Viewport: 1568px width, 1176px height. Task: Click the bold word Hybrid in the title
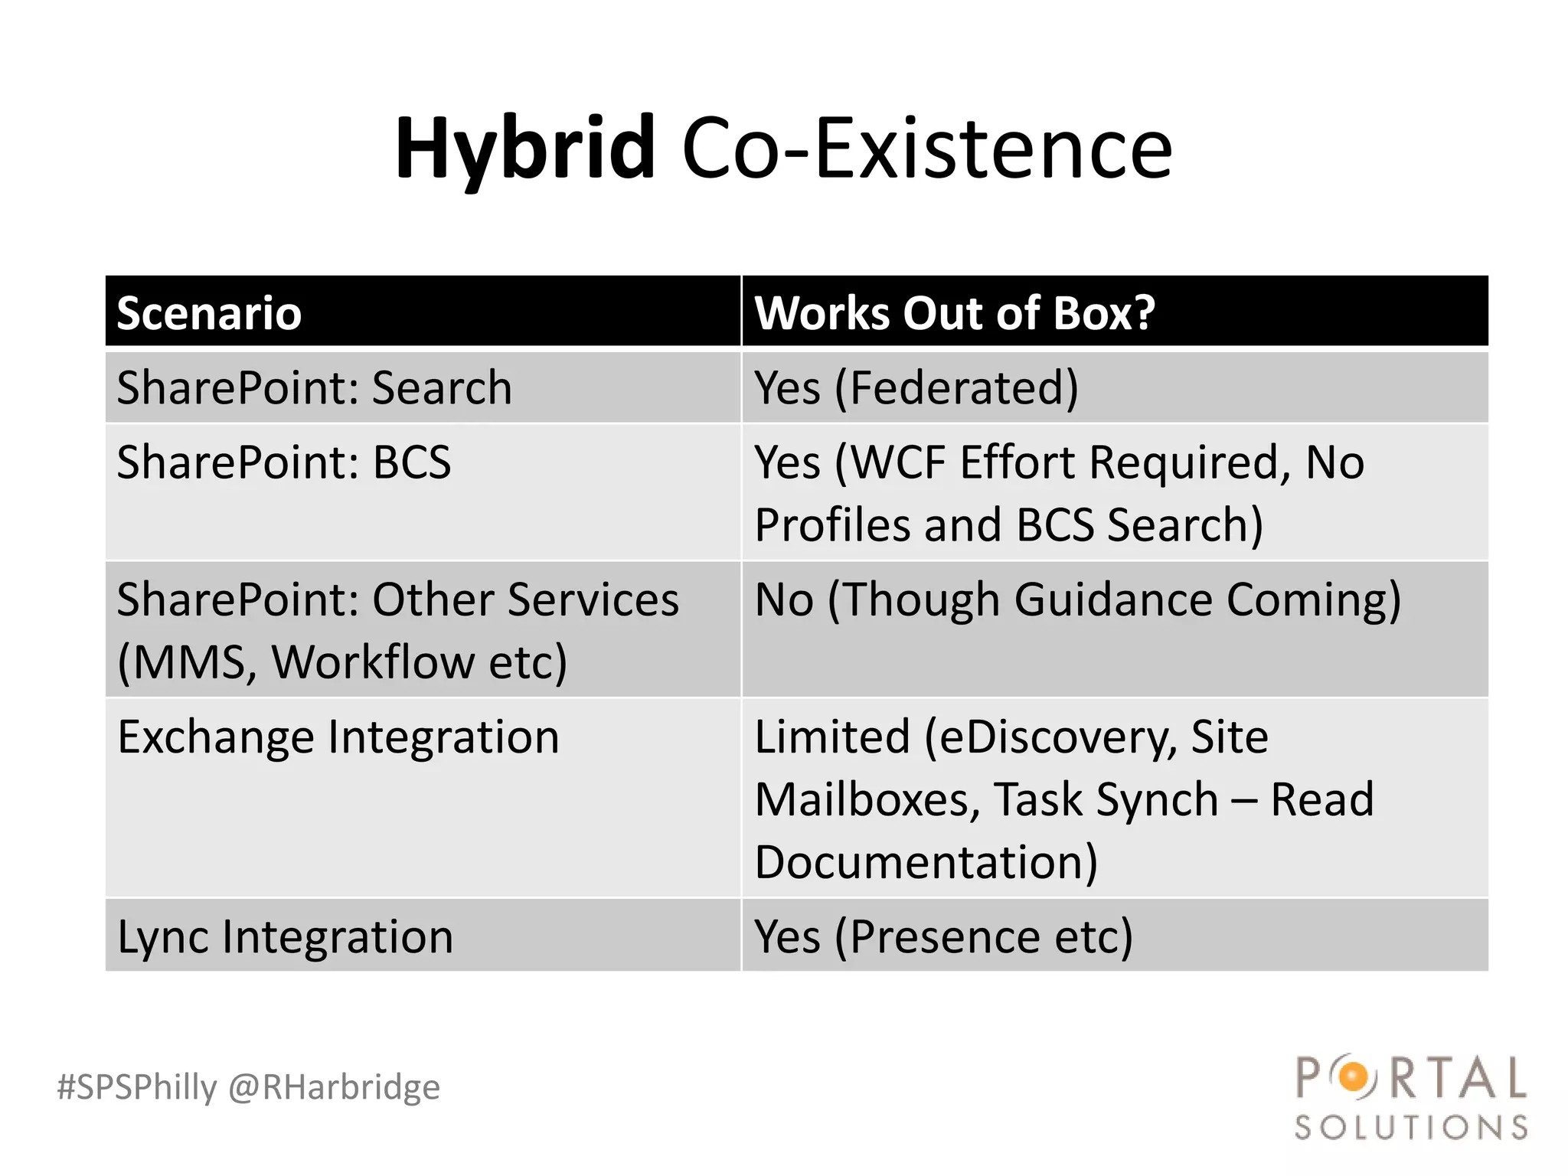pos(525,149)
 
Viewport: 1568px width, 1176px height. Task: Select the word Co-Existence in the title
pos(926,149)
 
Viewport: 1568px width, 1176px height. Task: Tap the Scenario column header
pos(209,313)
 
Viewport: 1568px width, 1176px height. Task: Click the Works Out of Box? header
pos(955,313)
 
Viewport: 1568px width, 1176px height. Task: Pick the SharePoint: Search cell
pos(314,387)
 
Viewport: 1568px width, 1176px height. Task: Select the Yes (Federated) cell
pos(916,387)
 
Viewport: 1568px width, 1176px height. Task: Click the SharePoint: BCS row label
pos(284,462)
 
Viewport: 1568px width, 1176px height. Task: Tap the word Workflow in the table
pos(374,661)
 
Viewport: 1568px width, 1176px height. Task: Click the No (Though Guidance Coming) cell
pos(1077,599)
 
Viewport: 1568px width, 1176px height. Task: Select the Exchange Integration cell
pos(338,737)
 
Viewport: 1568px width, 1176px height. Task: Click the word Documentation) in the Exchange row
pos(926,862)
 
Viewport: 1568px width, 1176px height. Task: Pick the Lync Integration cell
pos(285,936)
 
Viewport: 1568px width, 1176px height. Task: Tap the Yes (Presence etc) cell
pos(943,936)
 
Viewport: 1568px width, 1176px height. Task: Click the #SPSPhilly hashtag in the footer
pos(137,1087)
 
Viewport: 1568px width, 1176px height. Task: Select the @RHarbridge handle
pos(335,1087)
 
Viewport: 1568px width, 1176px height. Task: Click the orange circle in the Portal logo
pos(1354,1078)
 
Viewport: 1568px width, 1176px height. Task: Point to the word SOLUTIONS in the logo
pos(1411,1128)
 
